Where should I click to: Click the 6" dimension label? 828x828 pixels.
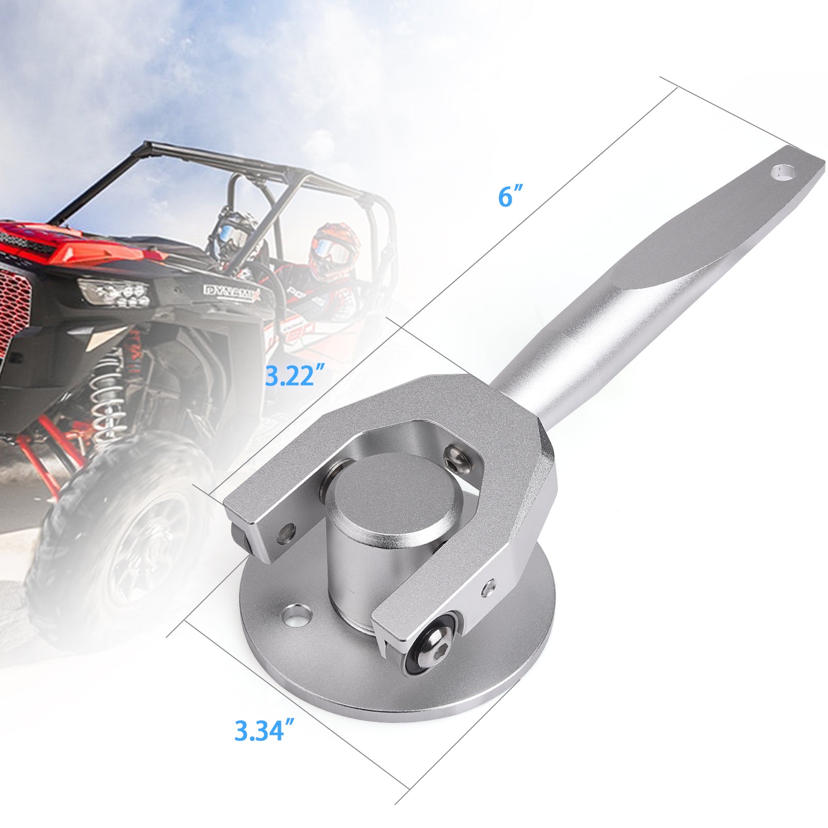click(x=511, y=197)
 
